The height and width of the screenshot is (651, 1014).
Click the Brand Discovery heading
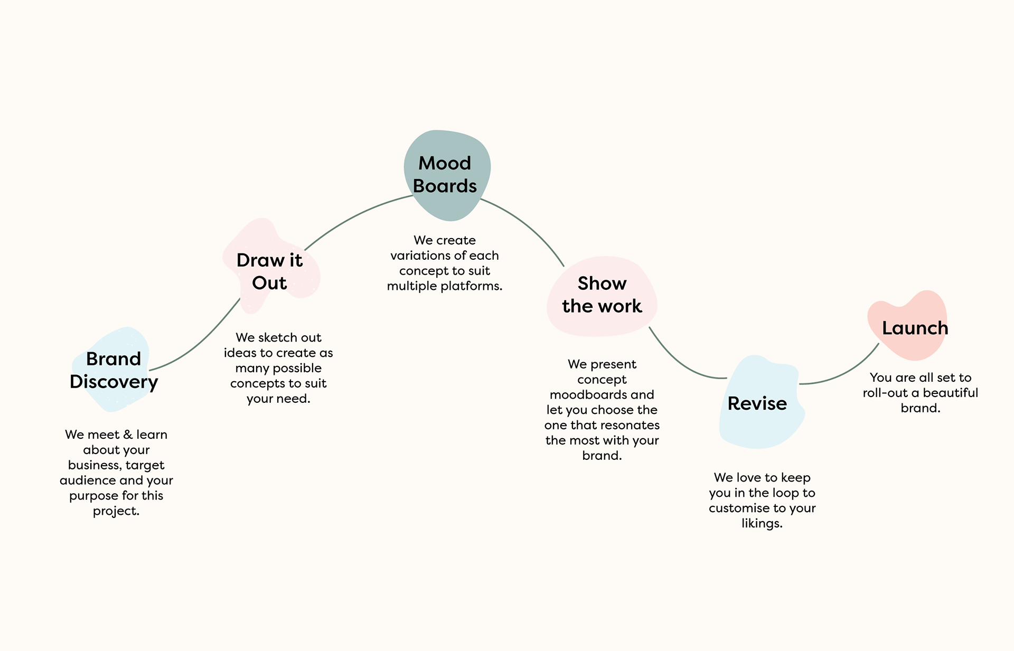114,370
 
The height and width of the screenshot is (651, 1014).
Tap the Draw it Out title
269,271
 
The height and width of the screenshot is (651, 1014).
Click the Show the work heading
602,295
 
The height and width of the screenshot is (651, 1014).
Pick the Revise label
757,403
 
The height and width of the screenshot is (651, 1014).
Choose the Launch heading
915,328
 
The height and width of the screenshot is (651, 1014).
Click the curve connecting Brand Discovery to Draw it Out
201,343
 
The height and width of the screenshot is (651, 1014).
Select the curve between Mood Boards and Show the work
528,224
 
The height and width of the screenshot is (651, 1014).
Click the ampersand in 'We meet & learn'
128,435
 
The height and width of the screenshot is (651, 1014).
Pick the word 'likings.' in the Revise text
762,524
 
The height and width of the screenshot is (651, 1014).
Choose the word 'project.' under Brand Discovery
116,512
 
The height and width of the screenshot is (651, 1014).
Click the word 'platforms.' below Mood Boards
471,286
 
